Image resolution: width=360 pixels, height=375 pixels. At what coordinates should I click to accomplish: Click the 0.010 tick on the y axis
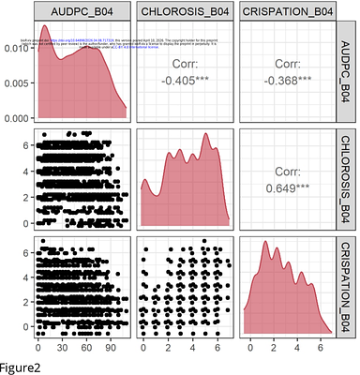(16, 47)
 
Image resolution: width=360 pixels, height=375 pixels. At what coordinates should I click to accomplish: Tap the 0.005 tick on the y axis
(16, 82)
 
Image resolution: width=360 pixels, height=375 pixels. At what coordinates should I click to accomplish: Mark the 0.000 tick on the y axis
(16, 118)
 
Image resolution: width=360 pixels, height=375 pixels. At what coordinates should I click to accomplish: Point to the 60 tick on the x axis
(86, 346)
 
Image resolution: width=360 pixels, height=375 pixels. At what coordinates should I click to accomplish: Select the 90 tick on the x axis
(111, 346)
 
